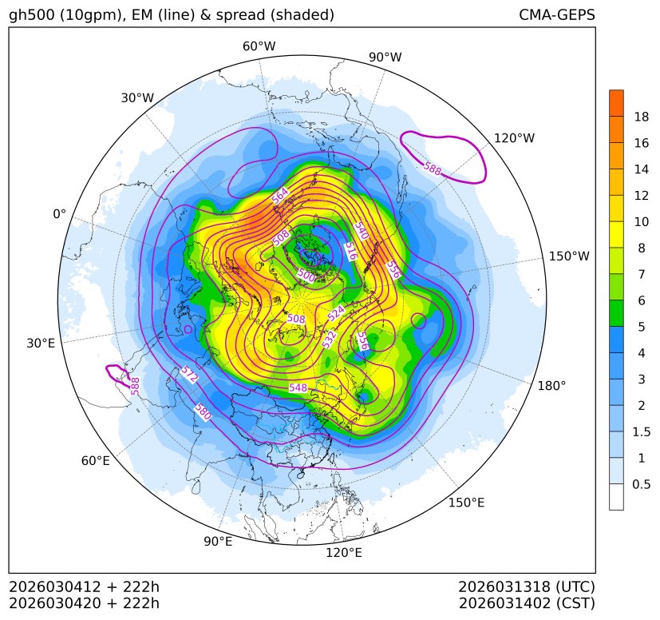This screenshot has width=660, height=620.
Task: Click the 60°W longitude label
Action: point(259,46)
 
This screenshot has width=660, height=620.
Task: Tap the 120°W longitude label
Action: point(515,138)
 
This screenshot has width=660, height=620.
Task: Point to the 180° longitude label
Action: point(551,385)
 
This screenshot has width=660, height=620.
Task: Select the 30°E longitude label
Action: point(41,344)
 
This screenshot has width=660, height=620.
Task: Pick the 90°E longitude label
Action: point(218,542)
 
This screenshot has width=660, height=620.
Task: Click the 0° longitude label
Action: point(59,214)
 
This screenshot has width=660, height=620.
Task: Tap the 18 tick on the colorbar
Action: point(641,117)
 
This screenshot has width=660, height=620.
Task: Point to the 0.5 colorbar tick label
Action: point(641,484)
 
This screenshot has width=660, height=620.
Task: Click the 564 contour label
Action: point(280,195)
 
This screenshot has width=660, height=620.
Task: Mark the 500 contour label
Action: point(306,275)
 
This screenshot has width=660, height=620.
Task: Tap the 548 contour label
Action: point(298,387)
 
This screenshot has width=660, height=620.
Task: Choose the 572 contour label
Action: point(189,376)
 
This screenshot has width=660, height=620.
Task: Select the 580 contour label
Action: point(204,411)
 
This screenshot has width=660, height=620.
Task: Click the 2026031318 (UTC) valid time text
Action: point(527,586)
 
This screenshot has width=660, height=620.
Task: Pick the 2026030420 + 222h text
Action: point(85,602)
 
